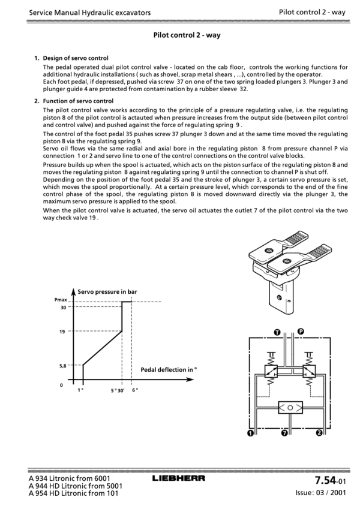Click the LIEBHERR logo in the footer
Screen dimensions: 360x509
(178, 478)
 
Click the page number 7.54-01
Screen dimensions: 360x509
(330, 480)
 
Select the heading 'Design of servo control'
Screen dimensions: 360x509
(76, 58)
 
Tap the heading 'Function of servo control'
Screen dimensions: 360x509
(79, 101)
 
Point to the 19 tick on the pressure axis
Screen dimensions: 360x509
(62, 332)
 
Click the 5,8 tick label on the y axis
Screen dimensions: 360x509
(63, 366)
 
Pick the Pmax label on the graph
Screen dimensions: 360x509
(61, 300)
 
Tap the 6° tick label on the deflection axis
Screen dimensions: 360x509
(135, 390)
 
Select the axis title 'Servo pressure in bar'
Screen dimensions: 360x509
(107, 291)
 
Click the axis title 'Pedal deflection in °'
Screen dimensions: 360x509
(169, 369)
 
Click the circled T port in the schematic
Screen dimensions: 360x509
(277, 332)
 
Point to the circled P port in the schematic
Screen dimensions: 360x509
(301, 332)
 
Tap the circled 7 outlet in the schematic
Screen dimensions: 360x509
(284, 433)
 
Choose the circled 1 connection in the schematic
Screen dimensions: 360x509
(250, 433)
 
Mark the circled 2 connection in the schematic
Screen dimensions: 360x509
(319, 433)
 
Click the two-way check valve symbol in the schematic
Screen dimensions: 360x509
(290, 408)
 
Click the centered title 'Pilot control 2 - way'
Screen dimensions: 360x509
(187, 35)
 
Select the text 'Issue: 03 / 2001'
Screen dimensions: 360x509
(320, 493)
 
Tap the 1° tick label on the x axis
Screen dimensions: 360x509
(80, 390)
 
